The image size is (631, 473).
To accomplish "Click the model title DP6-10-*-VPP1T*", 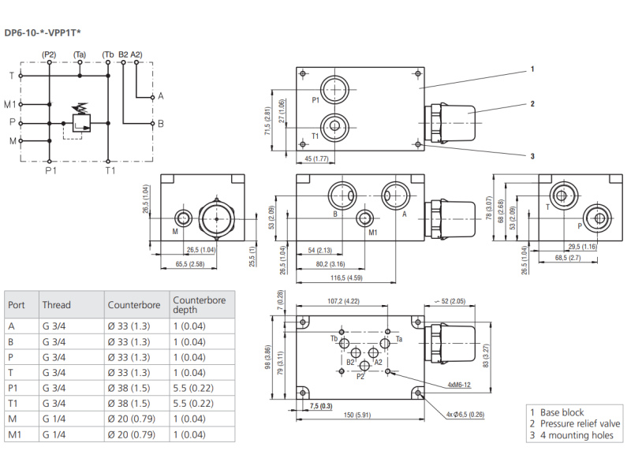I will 43,33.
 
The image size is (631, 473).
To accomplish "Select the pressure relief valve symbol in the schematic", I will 80,118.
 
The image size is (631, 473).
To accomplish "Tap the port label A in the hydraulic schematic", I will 160,96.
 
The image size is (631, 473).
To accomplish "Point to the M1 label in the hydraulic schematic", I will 9,104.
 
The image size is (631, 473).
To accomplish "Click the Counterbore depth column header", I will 200,304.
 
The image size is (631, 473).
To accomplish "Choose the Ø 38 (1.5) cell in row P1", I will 129,388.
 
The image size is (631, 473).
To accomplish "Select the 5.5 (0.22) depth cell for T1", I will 193,403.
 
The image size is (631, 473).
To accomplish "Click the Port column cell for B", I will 11,341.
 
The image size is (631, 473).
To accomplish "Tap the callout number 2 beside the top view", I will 532,103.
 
